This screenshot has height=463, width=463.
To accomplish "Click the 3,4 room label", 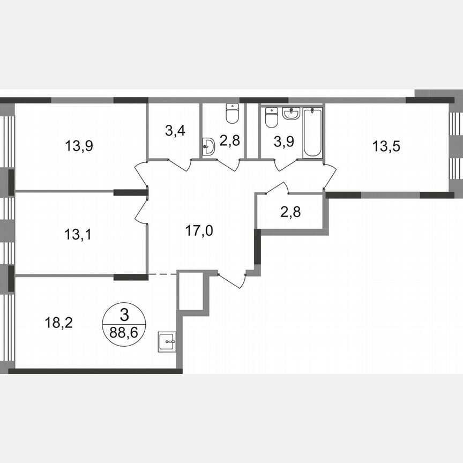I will coord(175,131).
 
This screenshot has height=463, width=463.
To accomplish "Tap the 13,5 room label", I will coord(387,145).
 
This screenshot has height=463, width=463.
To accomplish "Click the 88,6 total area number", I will coord(124,332).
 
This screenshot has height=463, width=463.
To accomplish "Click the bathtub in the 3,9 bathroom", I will coord(312,132).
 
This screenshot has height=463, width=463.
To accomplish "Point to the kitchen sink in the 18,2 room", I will coord(168,341).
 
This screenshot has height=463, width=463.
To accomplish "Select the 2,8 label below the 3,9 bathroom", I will coord(291,211).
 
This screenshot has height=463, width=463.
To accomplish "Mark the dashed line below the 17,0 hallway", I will coord(162,274).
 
